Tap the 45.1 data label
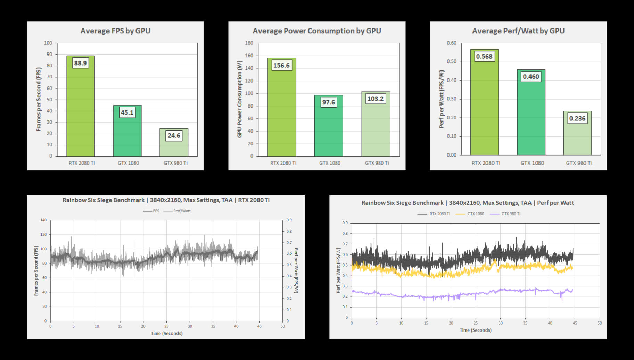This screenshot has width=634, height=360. tap(127, 112)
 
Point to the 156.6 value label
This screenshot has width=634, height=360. tap(281, 65)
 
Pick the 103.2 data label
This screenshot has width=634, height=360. tap(376, 99)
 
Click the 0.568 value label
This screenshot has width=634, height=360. tap(484, 56)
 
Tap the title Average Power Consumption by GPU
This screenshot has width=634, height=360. tap(316, 31)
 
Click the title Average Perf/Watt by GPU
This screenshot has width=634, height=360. tap(518, 31)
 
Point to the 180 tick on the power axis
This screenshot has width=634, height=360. tap(249, 43)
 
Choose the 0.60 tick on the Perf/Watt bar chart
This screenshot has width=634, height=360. tap(452, 43)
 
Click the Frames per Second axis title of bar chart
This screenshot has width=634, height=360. tap(39, 99)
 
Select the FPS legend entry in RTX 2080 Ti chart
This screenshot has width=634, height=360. tap(151, 211)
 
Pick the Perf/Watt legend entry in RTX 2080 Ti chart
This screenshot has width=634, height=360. tap(178, 211)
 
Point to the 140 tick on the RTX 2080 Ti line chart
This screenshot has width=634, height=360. tap(43, 220)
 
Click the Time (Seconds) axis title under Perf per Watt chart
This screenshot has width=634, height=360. tap(475, 330)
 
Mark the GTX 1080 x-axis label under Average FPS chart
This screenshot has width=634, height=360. tap(128, 163)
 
